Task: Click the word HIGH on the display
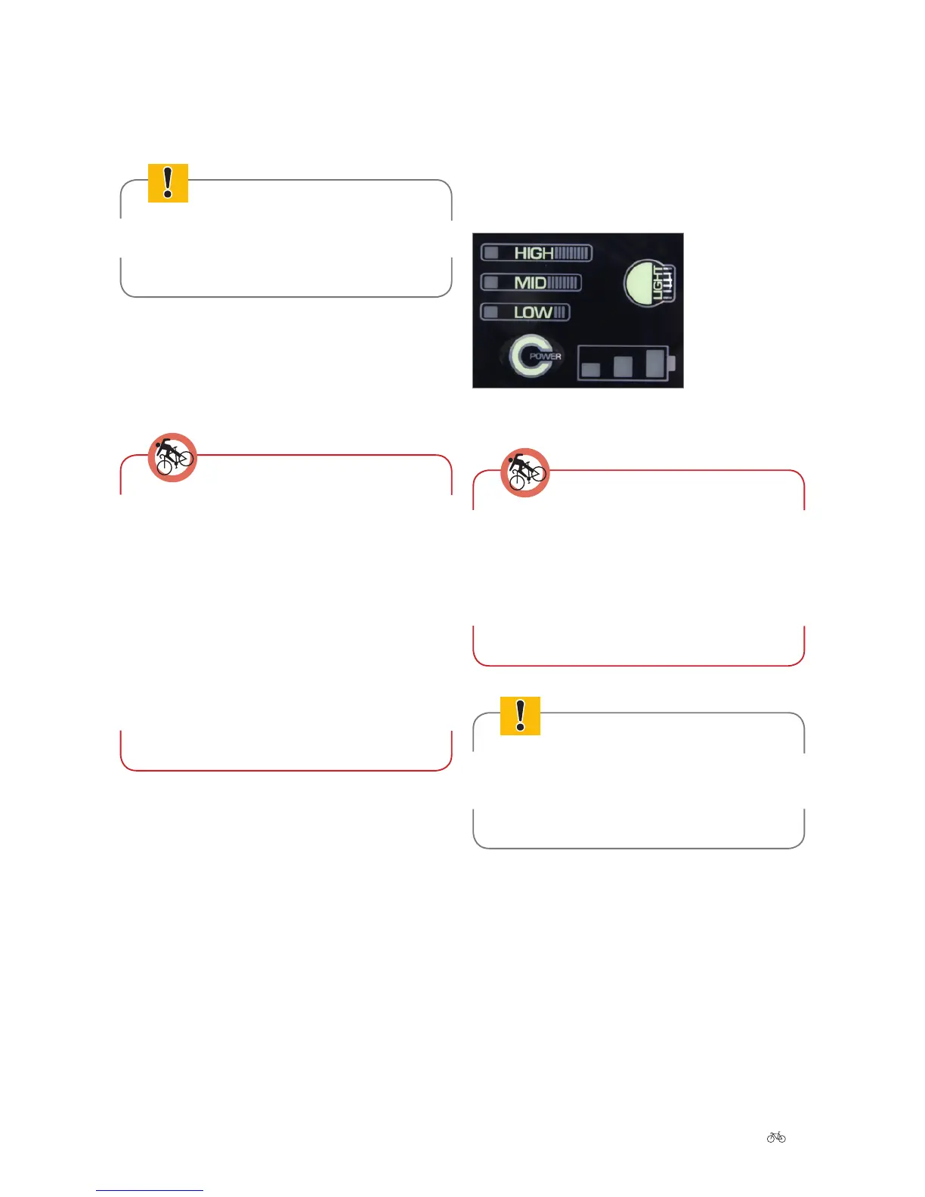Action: coord(534,253)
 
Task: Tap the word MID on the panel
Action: coord(530,283)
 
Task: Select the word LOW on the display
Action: coord(533,312)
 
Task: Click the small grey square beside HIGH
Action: coord(491,252)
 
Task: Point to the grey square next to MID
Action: coord(491,283)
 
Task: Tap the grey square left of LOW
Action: coord(491,312)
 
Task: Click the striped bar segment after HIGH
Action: coord(572,253)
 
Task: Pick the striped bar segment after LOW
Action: coord(560,312)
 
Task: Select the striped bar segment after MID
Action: coord(562,283)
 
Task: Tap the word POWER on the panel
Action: coord(545,356)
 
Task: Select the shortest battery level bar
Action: coord(591,369)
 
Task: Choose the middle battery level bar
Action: coord(623,366)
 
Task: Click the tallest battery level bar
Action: coord(655,363)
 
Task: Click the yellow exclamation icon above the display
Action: coord(168,183)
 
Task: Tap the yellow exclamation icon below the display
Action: coord(520,716)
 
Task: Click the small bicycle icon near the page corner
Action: coord(776,1137)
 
